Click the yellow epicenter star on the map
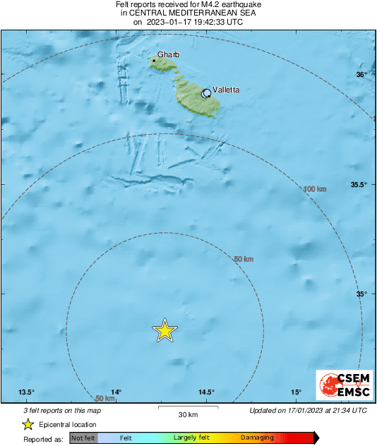point(164,330)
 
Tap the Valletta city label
point(226,90)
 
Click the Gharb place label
point(169,54)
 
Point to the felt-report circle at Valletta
point(206,93)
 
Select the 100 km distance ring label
point(314,189)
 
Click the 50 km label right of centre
point(243,260)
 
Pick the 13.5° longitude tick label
point(27,392)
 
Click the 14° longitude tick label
point(116,392)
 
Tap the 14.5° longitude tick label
point(206,392)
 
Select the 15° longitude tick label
point(296,392)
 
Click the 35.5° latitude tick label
point(359,185)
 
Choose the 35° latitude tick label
point(361,294)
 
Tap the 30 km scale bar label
point(187,414)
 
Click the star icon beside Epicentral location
point(28,424)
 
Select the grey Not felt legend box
point(83,438)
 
